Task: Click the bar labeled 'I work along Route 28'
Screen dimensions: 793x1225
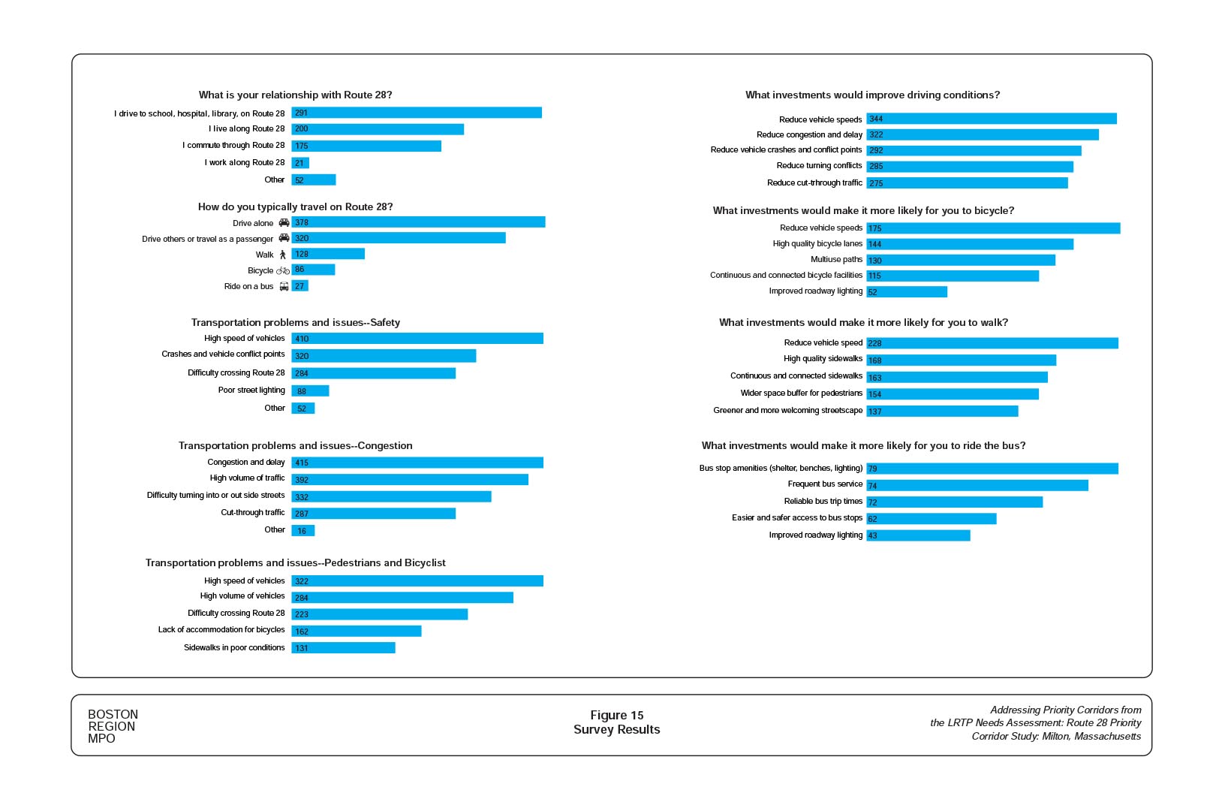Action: pos(300,163)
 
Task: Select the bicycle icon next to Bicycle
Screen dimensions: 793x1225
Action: pos(283,270)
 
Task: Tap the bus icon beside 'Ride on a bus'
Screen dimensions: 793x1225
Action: pos(284,286)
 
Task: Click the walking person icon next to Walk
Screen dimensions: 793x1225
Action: pos(283,255)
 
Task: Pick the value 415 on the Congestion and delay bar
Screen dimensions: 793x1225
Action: pos(302,463)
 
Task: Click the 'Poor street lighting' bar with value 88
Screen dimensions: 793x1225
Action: pos(310,390)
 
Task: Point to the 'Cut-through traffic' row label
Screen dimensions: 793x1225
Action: pos(252,513)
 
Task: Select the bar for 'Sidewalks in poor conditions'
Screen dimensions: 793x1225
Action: pos(343,647)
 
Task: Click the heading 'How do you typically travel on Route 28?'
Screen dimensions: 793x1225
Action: pos(295,207)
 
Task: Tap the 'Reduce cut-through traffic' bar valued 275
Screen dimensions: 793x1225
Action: pos(967,183)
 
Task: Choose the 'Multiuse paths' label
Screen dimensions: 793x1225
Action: pos(836,260)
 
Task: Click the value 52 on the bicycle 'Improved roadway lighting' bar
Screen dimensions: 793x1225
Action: pos(872,292)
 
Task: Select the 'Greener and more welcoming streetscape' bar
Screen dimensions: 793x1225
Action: pos(942,411)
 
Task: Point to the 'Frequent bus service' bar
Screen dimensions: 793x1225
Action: pos(977,486)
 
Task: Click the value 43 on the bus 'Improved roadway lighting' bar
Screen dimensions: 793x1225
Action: pos(872,535)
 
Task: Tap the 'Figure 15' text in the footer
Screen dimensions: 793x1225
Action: pos(616,715)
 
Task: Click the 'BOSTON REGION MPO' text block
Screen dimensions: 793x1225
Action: pos(113,726)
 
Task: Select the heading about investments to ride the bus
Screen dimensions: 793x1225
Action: pos(863,445)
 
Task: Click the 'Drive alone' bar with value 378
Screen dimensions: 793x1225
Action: pos(418,222)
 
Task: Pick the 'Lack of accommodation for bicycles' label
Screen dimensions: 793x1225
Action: pos(221,630)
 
